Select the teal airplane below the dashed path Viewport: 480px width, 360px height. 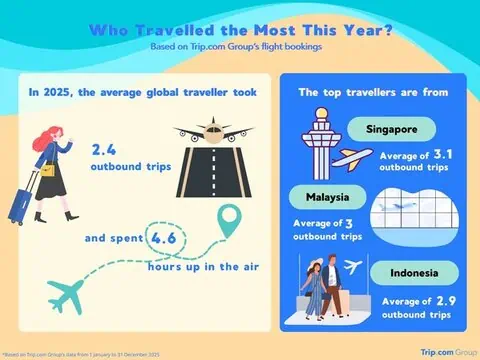(x=76, y=293)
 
